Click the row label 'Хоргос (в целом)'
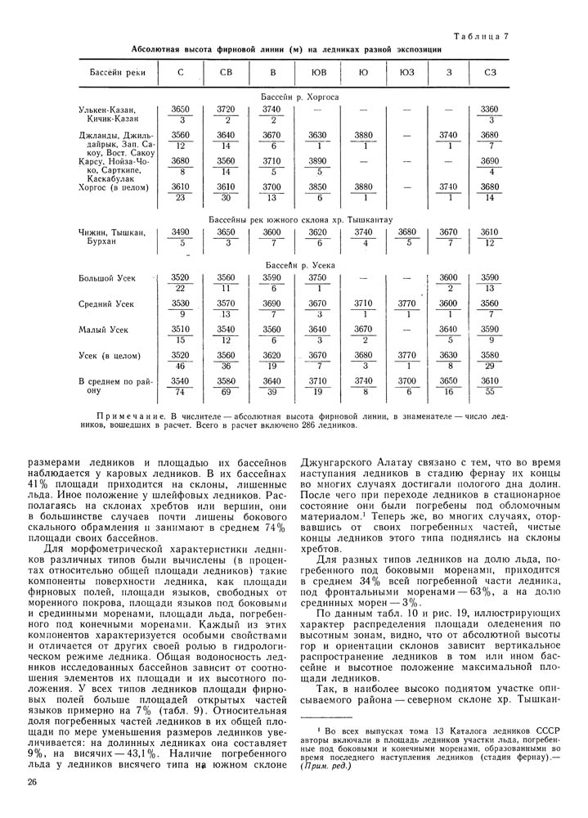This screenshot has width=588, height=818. [113, 188]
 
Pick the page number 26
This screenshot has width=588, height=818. [32, 783]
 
